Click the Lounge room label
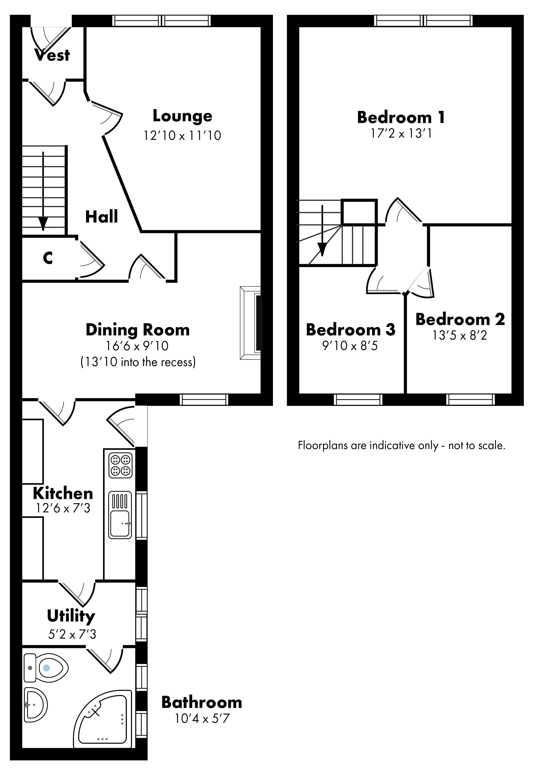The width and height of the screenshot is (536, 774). pos(182,116)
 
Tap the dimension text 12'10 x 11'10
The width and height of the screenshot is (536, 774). pos(182,135)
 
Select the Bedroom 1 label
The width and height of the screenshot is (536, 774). pos(401,117)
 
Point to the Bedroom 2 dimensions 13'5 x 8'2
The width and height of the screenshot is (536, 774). pos(459,335)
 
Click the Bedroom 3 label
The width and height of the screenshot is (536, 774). pos(350,329)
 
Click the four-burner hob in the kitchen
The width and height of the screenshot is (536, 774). pos(120,465)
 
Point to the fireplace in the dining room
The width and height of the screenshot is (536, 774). pos(250,323)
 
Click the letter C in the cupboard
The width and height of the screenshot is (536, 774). pos(48,258)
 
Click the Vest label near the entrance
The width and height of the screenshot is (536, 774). pos(52,55)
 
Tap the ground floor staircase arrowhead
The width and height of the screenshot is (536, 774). pos(43,223)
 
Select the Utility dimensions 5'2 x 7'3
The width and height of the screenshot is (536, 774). pos(72,634)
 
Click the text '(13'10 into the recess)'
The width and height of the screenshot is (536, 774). pos(138,362)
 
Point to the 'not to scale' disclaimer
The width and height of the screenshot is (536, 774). pos(402,446)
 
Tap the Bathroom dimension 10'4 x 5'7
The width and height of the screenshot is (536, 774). pos(201,718)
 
